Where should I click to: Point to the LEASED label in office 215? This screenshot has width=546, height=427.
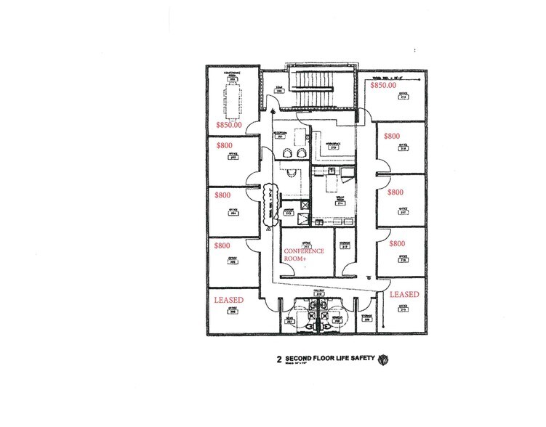404,295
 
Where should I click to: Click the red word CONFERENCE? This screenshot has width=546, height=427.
304,251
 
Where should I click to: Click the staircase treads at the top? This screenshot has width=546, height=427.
320,86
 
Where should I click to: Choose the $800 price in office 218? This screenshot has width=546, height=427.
392,136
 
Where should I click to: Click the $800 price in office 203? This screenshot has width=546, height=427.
223,145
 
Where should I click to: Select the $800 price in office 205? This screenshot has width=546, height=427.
223,245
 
